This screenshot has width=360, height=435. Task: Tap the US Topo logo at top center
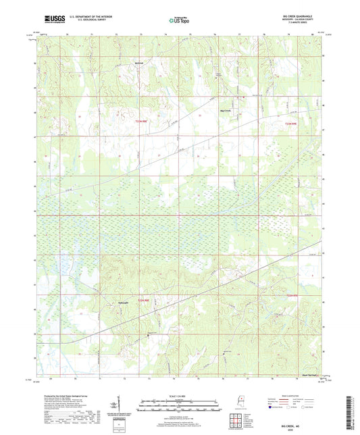pyautogui.click(x=179, y=20)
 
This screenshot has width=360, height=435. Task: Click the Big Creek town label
pyautogui.click(x=226, y=109)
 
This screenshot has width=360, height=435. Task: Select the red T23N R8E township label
pyautogui.click(x=140, y=122)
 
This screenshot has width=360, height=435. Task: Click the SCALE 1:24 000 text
pyautogui.click(x=179, y=396)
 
